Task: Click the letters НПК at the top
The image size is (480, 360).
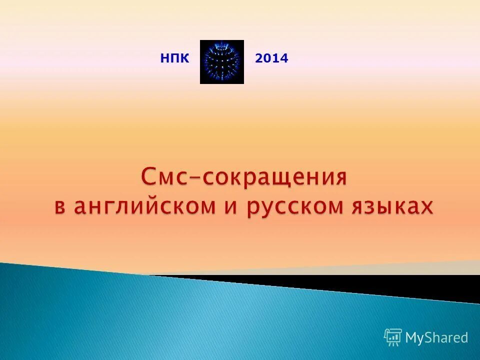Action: tap(174, 59)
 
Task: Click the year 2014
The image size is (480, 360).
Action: tap(271, 59)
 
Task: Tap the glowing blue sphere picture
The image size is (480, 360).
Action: tap(222, 62)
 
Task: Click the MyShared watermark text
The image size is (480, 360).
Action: tap(436, 338)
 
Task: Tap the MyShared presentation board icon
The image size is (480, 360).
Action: tap(393, 337)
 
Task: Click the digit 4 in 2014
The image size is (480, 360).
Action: tap(284, 59)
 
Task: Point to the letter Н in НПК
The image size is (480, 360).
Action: tap(164, 59)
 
